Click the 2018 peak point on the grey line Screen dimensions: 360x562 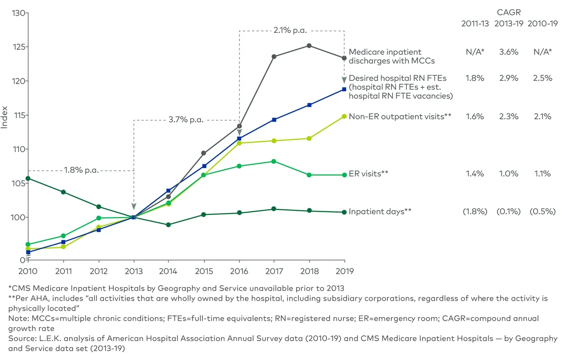(309, 45)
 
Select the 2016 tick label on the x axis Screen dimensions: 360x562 (239, 271)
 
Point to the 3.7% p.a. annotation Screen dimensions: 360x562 (186, 120)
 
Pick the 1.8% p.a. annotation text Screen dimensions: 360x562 (82, 170)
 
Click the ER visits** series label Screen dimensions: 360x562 (368, 174)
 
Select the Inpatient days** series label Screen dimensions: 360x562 (380, 212)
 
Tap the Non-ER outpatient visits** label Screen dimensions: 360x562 (400, 116)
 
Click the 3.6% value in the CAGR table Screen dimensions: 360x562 (509, 52)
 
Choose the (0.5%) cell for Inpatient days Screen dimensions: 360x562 (543, 212)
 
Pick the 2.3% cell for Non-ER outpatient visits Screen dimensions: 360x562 (509, 116)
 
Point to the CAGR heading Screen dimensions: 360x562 (509, 13)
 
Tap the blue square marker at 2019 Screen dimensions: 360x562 (344, 89)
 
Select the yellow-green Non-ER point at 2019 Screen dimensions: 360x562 (344, 116)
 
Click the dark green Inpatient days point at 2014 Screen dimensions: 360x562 (168, 225)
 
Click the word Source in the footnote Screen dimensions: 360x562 (19, 338)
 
